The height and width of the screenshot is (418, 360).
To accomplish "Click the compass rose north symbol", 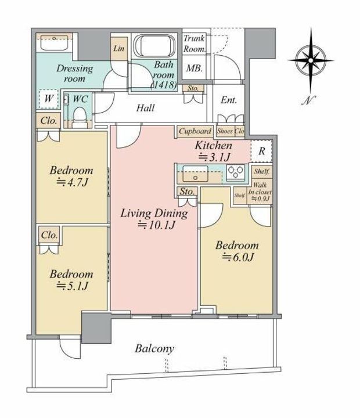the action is (311, 60).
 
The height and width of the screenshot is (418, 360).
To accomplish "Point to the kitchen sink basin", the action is (195, 174).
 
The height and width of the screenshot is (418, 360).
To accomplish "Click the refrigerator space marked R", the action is (262, 151).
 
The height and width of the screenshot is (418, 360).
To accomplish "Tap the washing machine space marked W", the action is (48, 99).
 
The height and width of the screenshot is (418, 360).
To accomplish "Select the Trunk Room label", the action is (195, 44).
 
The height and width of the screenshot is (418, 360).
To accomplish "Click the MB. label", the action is (194, 69).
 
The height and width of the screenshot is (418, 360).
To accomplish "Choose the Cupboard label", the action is (195, 131).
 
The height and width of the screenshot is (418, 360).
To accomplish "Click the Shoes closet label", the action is (225, 131).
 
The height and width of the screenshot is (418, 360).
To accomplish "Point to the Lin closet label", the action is (118, 49).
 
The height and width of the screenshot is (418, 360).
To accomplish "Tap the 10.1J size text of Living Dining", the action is (157, 226).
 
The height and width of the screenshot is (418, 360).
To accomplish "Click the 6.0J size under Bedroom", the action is (238, 257).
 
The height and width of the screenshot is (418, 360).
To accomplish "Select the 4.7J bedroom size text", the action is (72, 182).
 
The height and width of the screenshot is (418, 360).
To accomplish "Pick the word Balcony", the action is (154, 349).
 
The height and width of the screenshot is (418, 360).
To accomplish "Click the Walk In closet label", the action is (260, 192).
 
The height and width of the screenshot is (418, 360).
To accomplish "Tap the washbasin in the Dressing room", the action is (54, 42).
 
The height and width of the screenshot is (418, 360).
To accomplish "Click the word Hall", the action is (145, 108).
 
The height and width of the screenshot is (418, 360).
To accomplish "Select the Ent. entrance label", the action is (229, 100).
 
